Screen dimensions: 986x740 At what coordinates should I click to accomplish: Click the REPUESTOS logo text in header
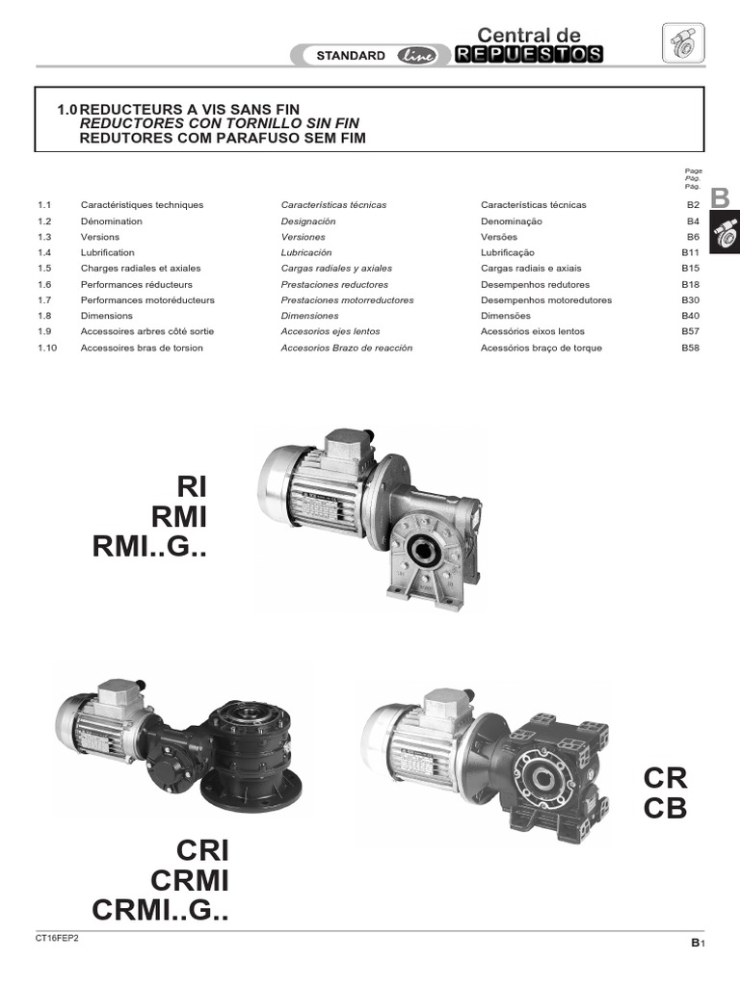pos(529,55)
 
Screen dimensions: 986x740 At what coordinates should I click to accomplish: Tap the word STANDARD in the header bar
pos(351,56)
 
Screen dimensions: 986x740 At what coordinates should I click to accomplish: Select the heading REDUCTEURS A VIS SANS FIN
pos(192,110)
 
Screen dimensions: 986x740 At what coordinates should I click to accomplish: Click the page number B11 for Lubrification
pos(690,252)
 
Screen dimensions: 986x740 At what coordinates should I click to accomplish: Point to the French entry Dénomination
pos(111,221)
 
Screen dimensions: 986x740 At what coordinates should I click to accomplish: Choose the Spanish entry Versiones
pos(303,237)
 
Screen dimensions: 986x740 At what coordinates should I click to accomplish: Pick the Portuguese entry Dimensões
pos(505,316)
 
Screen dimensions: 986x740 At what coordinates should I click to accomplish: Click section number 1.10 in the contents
pos(47,348)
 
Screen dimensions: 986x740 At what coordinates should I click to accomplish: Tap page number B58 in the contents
pos(690,348)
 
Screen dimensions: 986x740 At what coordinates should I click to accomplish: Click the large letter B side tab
pos(720,199)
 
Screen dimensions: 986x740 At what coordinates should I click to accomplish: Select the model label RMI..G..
pos(149,548)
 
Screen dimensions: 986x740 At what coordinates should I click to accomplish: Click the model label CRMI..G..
pos(161,910)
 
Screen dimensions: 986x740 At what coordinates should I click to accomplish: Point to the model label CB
pos(665,809)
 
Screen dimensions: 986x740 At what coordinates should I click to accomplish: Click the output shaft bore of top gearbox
pos(425,552)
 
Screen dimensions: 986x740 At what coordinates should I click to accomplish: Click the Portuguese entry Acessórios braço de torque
pos(541,348)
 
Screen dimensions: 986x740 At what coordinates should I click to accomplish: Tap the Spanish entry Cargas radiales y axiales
pos(336,269)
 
